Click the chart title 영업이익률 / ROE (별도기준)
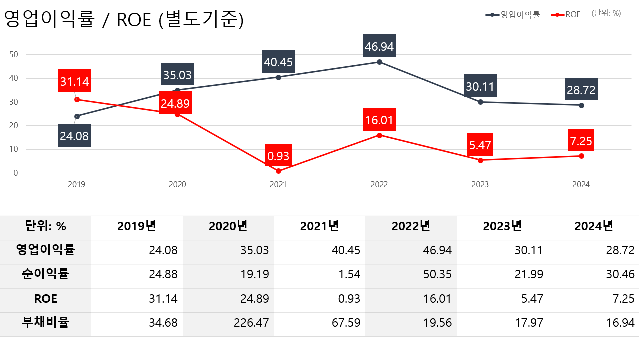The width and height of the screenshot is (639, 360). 124,20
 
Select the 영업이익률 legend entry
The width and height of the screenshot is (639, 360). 513,15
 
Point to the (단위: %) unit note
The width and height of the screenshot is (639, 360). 606,14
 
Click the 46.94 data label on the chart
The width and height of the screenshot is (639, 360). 379,47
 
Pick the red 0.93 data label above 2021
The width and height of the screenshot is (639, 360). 278,156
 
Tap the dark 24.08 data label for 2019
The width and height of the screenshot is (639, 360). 74,136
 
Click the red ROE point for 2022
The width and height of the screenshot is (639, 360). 379,135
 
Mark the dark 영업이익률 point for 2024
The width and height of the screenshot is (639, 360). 581,105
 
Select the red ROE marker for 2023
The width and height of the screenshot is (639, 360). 480,160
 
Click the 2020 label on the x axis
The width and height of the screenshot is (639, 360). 177,184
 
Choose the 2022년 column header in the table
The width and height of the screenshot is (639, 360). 411,227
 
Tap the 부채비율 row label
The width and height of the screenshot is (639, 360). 45,323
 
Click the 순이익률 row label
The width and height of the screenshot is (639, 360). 45,274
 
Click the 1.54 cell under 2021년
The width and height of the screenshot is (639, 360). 348,275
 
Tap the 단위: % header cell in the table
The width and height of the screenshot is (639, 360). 45,227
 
